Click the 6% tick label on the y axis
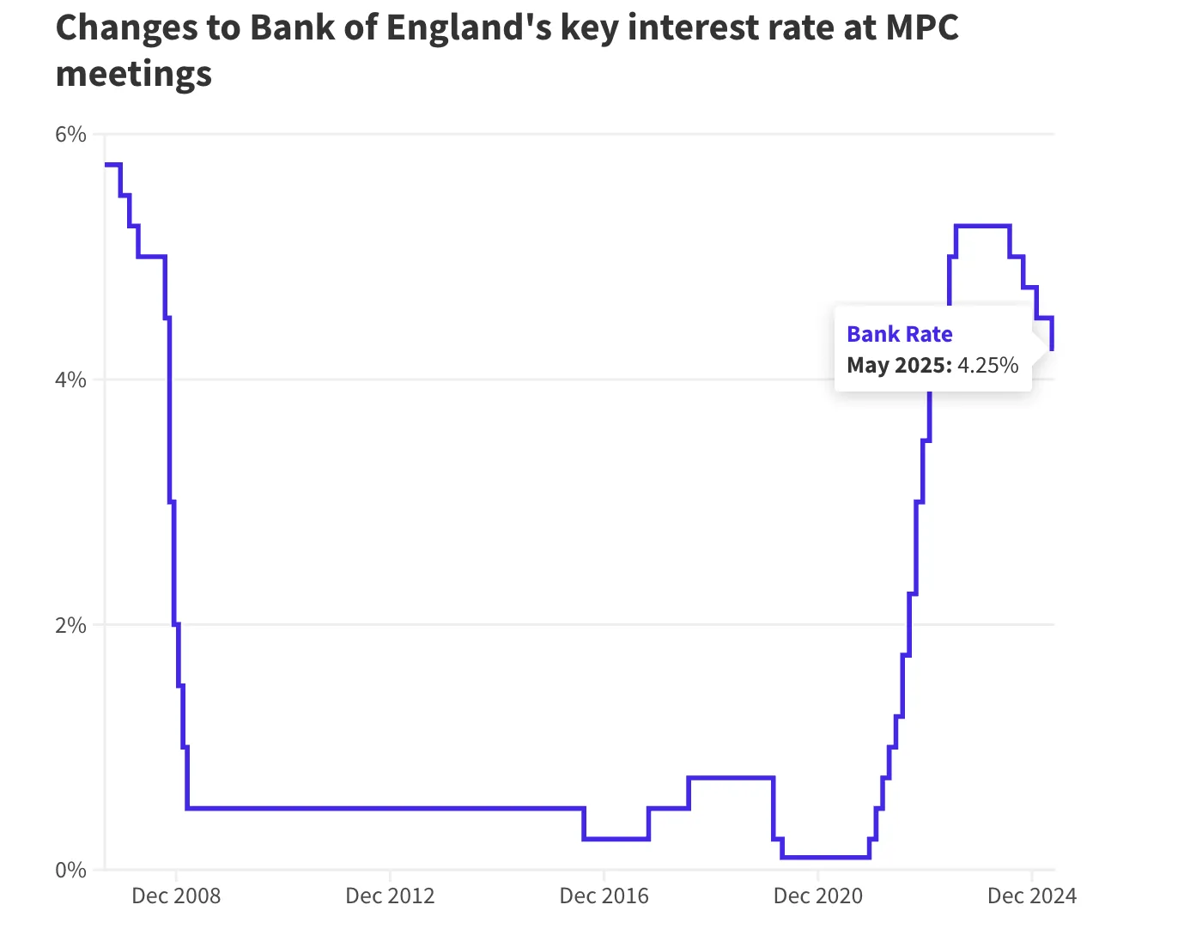click(x=71, y=135)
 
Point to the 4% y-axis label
click(x=71, y=379)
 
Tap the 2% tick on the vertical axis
click(x=71, y=625)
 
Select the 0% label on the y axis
click(x=71, y=870)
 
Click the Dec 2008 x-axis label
click(x=176, y=896)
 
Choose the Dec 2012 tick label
click(x=390, y=896)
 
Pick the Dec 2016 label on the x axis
click(x=604, y=896)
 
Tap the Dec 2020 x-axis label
click(x=817, y=896)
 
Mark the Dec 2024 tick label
click(x=1031, y=896)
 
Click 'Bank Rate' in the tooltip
click(x=899, y=334)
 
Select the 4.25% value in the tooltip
click(x=988, y=365)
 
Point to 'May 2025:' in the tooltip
click(x=899, y=365)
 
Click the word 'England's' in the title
click(x=468, y=28)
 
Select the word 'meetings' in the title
click(x=133, y=74)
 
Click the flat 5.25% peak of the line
click(x=982, y=226)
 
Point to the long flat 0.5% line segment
click(x=386, y=808)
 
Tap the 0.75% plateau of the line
click(x=731, y=778)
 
